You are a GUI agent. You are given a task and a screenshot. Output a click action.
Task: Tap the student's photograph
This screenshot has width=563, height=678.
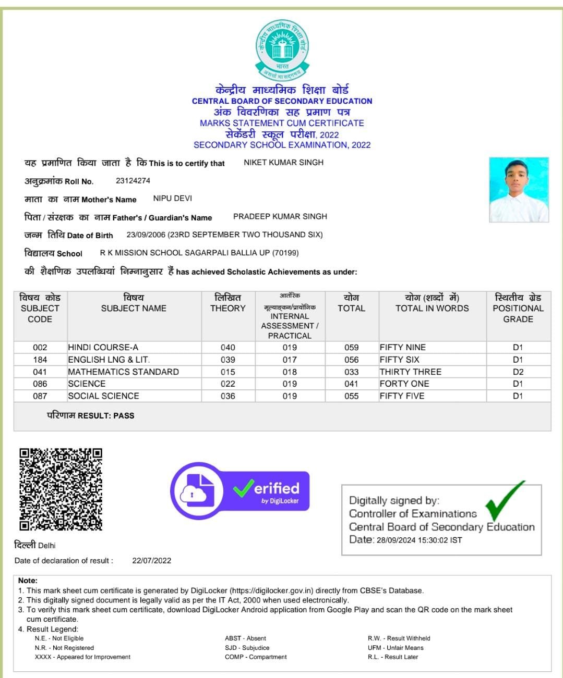[519, 190]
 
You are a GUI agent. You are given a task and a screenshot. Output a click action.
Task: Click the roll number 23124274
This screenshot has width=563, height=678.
[133, 181]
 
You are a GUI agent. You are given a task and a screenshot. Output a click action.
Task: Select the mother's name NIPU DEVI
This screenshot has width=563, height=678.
[173, 199]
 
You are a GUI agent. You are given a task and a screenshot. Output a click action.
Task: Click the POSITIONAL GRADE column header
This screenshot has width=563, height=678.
[518, 309]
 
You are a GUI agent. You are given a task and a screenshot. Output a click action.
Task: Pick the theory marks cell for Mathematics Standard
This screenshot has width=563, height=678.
[227, 372]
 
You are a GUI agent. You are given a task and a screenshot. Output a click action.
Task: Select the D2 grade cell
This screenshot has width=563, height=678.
[518, 372]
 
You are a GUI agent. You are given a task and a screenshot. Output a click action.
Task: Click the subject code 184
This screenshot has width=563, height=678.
[40, 360]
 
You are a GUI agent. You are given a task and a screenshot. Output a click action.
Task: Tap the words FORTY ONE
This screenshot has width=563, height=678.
[404, 384]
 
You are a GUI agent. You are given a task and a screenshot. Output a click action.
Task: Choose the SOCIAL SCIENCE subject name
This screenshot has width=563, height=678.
[103, 396]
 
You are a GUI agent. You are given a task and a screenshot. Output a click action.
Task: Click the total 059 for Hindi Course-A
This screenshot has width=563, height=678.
[351, 348]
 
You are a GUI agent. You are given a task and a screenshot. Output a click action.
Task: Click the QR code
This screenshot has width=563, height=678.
[61, 489]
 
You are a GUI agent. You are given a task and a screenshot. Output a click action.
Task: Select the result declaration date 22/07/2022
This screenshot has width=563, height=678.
[151, 561]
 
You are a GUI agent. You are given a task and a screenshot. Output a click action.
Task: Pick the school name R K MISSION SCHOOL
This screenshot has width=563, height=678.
[199, 253]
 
